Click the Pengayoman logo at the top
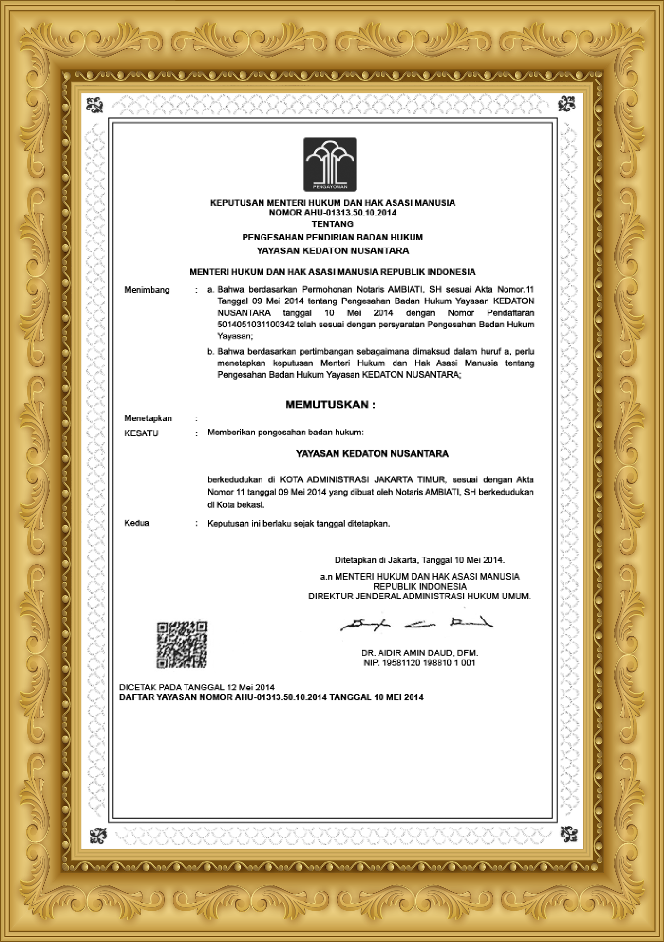click(330, 164)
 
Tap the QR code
click(182, 644)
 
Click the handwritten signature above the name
click(416, 623)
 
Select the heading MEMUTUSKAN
click(330, 404)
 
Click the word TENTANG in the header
click(332, 224)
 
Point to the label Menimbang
click(147, 290)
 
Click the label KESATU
click(141, 433)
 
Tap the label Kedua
click(137, 523)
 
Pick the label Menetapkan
click(148, 418)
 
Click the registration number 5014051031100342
click(257, 325)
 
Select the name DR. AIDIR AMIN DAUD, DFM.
click(420, 653)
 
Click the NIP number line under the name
click(420, 663)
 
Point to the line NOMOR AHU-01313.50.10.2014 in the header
click(332, 213)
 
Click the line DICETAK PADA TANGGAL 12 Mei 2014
click(197, 687)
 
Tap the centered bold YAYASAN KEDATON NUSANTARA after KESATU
click(372, 454)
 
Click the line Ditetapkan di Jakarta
click(420, 560)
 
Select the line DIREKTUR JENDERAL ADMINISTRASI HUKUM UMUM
click(420, 596)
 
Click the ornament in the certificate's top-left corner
click(95, 104)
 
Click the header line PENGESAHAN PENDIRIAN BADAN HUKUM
click(332, 237)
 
